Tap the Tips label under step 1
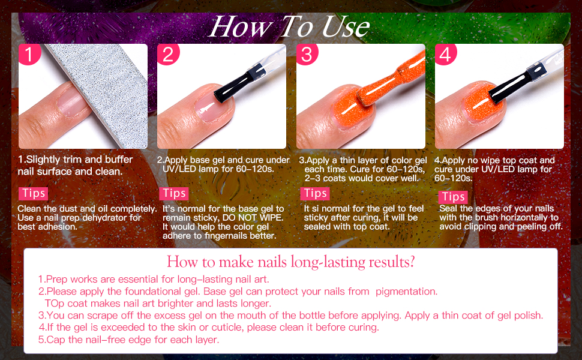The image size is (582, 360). click(x=34, y=193)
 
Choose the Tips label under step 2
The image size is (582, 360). click(x=174, y=193)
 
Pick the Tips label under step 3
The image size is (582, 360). click(x=315, y=193)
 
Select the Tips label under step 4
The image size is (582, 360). click(x=454, y=196)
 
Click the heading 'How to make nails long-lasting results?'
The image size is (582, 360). click(x=291, y=262)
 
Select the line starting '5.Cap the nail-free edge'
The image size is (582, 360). click(x=128, y=340)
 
